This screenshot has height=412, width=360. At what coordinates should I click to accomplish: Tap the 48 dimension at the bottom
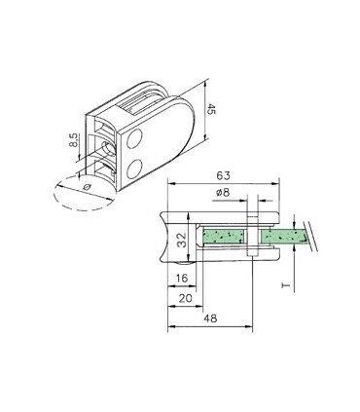click(x=210, y=318)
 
